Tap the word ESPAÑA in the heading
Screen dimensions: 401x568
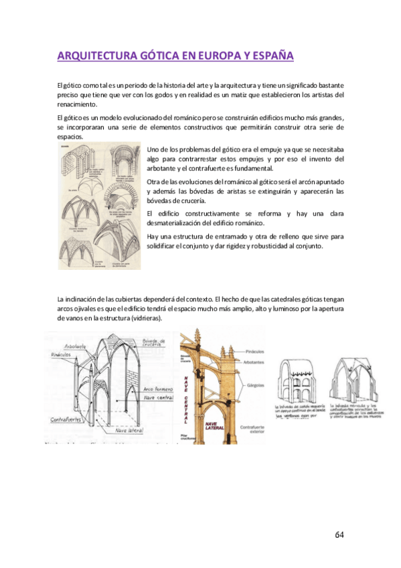[x=271, y=56]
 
